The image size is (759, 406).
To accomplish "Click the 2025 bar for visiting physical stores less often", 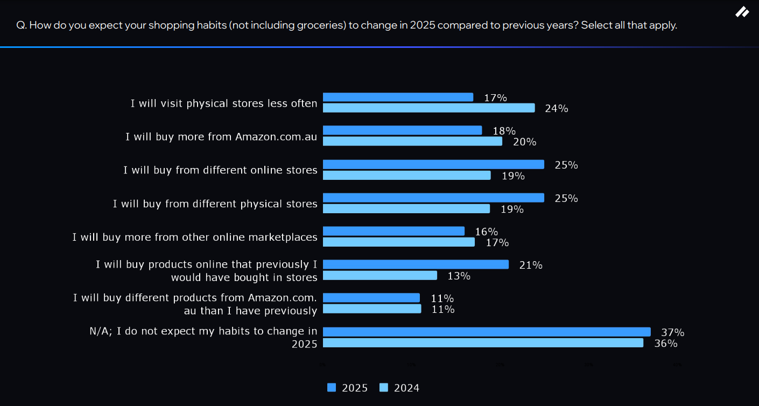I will pyautogui.click(x=398, y=97).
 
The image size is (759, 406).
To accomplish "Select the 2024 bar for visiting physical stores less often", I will pyautogui.click(x=428, y=108).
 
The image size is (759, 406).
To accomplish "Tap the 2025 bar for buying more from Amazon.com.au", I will pyautogui.click(x=402, y=130).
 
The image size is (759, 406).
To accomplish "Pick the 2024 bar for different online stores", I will pyautogui.click(x=406, y=176).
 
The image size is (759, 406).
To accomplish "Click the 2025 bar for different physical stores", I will pyautogui.click(x=433, y=198).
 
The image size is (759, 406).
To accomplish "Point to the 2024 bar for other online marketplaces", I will pyautogui.click(x=398, y=242).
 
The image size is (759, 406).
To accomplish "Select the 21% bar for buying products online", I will pyautogui.click(x=416, y=264).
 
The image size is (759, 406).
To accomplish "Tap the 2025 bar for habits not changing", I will pyautogui.click(x=487, y=332).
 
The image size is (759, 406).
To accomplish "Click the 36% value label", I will pyautogui.click(x=665, y=344).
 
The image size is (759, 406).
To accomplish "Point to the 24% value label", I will pyautogui.click(x=556, y=109).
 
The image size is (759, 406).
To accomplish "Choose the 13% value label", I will pyautogui.click(x=459, y=276).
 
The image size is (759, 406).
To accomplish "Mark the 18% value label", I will pyautogui.click(x=504, y=131).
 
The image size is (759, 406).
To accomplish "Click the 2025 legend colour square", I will pyautogui.click(x=332, y=388).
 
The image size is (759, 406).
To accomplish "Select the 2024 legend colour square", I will pyautogui.click(x=384, y=388).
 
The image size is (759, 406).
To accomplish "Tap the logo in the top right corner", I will pyautogui.click(x=742, y=12).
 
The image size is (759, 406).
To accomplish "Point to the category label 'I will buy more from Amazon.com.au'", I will pyautogui.click(x=221, y=137).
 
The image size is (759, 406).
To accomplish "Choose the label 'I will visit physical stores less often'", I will pyautogui.click(x=224, y=103).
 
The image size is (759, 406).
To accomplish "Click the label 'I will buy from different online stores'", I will pyautogui.click(x=220, y=170).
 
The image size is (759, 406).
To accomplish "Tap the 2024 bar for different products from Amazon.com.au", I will pyautogui.click(x=371, y=309).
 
